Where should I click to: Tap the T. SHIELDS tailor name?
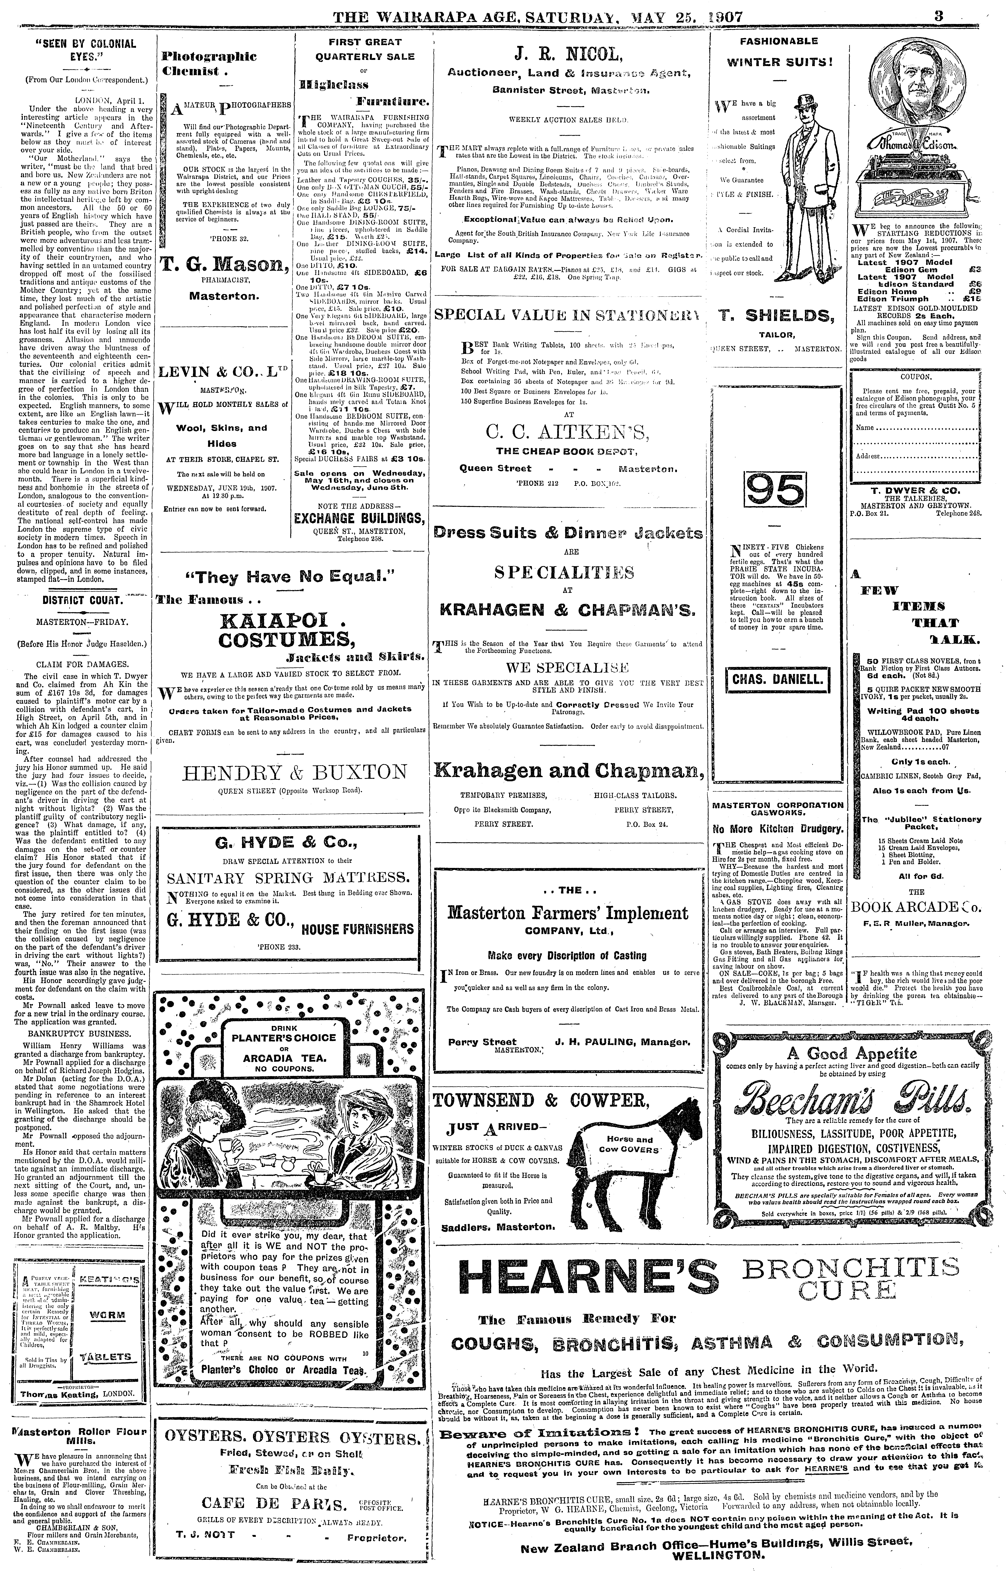pyautogui.click(x=776, y=316)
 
